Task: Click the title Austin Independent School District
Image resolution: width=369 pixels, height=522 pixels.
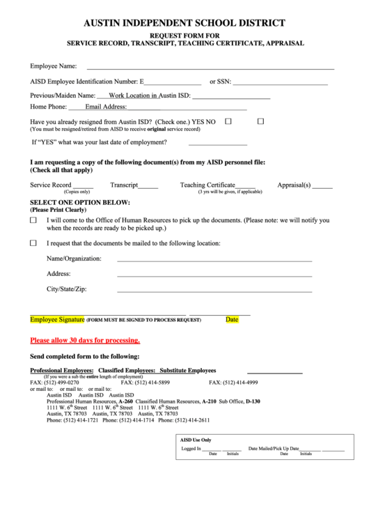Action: pos(184,22)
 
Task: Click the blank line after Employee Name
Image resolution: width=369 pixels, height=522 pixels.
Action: pos(209,69)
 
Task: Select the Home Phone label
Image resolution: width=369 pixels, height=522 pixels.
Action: pos(48,107)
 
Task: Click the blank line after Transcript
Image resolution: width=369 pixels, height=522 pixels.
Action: pos(148,187)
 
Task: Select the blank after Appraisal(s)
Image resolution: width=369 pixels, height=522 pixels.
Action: pos(322,187)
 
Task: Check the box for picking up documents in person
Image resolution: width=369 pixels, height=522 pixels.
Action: pos(33,220)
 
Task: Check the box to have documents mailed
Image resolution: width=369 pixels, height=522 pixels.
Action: pos(33,243)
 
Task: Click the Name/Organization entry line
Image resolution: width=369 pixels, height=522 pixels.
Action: pos(214,261)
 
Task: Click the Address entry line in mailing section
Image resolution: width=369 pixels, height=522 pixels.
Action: pos(214,276)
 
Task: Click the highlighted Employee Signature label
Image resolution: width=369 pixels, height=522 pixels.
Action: pos(57,319)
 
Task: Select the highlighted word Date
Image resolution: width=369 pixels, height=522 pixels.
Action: pos(232,319)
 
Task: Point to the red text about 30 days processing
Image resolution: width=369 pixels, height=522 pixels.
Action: pos(85,341)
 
